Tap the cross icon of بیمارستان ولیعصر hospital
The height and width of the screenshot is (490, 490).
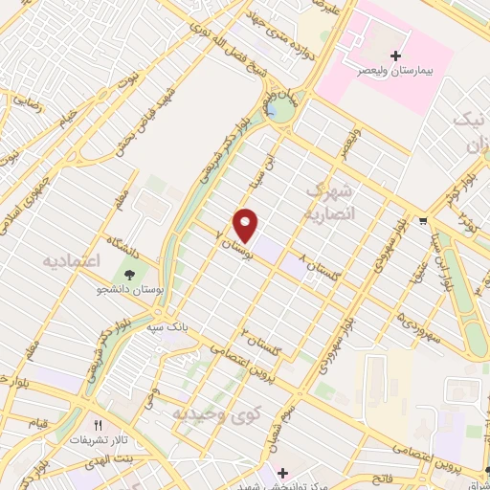pos(396,56)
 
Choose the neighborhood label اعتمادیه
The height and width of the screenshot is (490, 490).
pos(72,261)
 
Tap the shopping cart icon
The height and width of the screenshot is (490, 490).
pos(423,221)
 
